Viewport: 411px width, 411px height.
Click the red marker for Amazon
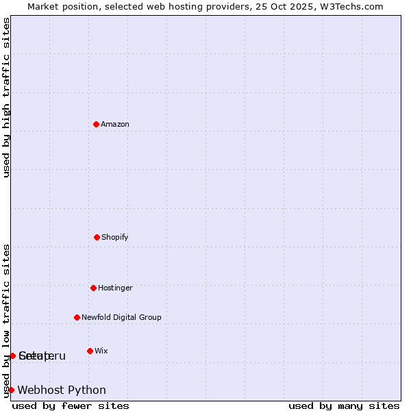point(96,124)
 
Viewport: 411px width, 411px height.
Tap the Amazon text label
point(115,125)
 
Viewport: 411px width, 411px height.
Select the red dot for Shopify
point(97,237)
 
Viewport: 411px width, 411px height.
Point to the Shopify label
point(115,238)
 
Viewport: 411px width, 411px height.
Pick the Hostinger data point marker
point(93,288)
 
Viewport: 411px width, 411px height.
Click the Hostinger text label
point(115,288)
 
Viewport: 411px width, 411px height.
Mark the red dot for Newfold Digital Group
point(77,317)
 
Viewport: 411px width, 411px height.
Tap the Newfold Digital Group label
point(121,318)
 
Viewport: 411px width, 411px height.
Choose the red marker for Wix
point(90,351)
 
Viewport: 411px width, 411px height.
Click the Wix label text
point(101,351)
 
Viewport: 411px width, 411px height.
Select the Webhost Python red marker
point(11,390)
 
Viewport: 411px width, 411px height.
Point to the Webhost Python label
point(62,390)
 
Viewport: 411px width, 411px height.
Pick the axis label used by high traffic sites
point(6,97)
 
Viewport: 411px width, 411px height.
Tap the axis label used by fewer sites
point(71,406)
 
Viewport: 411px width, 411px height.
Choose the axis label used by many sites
point(344,406)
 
